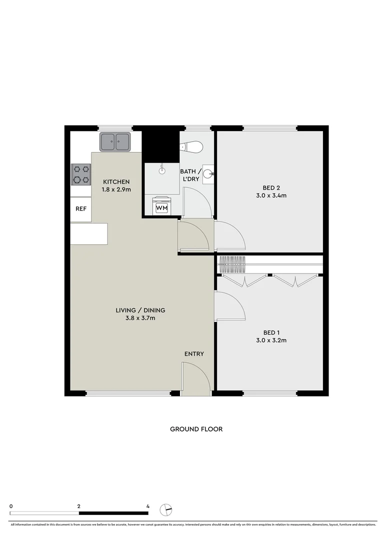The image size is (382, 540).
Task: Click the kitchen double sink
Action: (x=115, y=141)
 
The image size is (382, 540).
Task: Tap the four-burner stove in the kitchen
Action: (x=81, y=174)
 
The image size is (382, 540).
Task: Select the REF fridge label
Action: (x=80, y=209)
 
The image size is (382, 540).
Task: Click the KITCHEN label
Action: (x=116, y=181)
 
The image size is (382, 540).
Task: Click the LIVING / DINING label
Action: (x=140, y=310)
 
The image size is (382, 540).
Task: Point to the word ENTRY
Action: (x=194, y=354)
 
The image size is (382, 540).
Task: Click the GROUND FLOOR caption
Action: (x=196, y=429)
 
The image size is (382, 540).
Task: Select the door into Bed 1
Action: (x=228, y=306)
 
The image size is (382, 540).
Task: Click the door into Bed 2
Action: (x=229, y=234)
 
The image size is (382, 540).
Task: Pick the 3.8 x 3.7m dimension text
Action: (x=140, y=318)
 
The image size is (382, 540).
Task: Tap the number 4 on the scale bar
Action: (x=148, y=506)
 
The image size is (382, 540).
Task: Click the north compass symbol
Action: (x=165, y=509)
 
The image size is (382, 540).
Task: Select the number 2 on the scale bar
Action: (x=79, y=506)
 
